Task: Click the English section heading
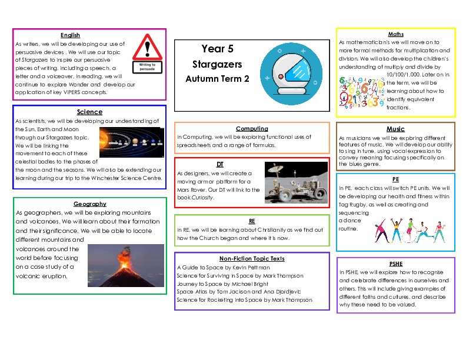70,35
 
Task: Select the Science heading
89,112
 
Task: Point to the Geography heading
89,204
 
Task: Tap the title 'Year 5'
213,49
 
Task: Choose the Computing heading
252,128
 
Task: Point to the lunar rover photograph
296,182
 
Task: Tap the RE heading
252,221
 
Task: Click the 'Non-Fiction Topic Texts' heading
251,258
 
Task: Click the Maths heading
395,34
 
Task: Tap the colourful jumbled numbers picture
361,93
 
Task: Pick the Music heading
395,129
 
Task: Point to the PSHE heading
396,264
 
